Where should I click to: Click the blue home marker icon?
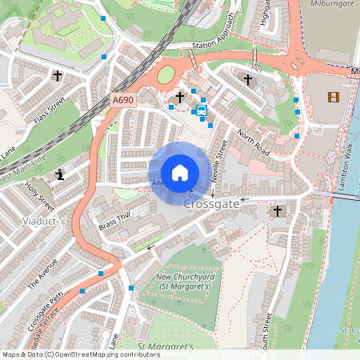180,172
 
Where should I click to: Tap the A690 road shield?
123,100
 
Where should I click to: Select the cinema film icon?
333,97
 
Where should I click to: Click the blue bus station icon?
202,110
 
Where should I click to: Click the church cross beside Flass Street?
58,76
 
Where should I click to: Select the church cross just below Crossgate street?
278,211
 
